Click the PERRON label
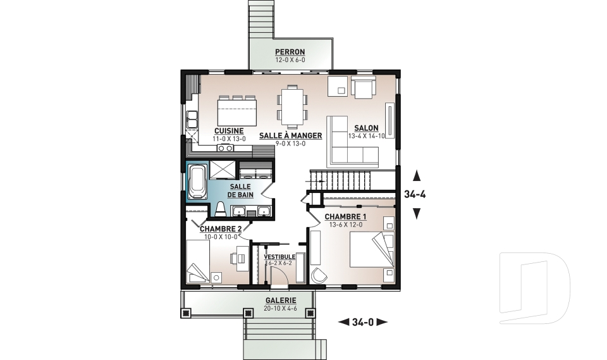pyautogui.click(x=290, y=51)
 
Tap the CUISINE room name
pyautogui.click(x=229, y=131)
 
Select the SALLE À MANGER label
pyautogui.click(x=290, y=135)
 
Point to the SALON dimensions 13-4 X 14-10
pyautogui.click(x=367, y=136)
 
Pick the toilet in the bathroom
pyautogui.click(x=220, y=209)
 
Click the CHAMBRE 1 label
pyautogui.click(x=345, y=216)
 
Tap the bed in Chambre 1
pyautogui.click(x=372, y=249)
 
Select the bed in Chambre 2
pyautogui.click(x=198, y=262)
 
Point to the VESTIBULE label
pyautogui.click(x=279, y=257)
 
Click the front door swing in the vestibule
pyautogui.click(x=278, y=276)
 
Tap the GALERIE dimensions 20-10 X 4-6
pyautogui.click(x=281, y=309)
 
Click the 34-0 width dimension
pyautogui.click(x=363, y=321)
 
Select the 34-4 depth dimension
pyautogui.click(x=415, y=194)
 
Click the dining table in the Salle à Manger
pyautogui.click(x=292, y=106)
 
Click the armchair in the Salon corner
pyautogui.click(x=363, y=87)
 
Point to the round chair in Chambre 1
pyautogui.click(x=319, y=275)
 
